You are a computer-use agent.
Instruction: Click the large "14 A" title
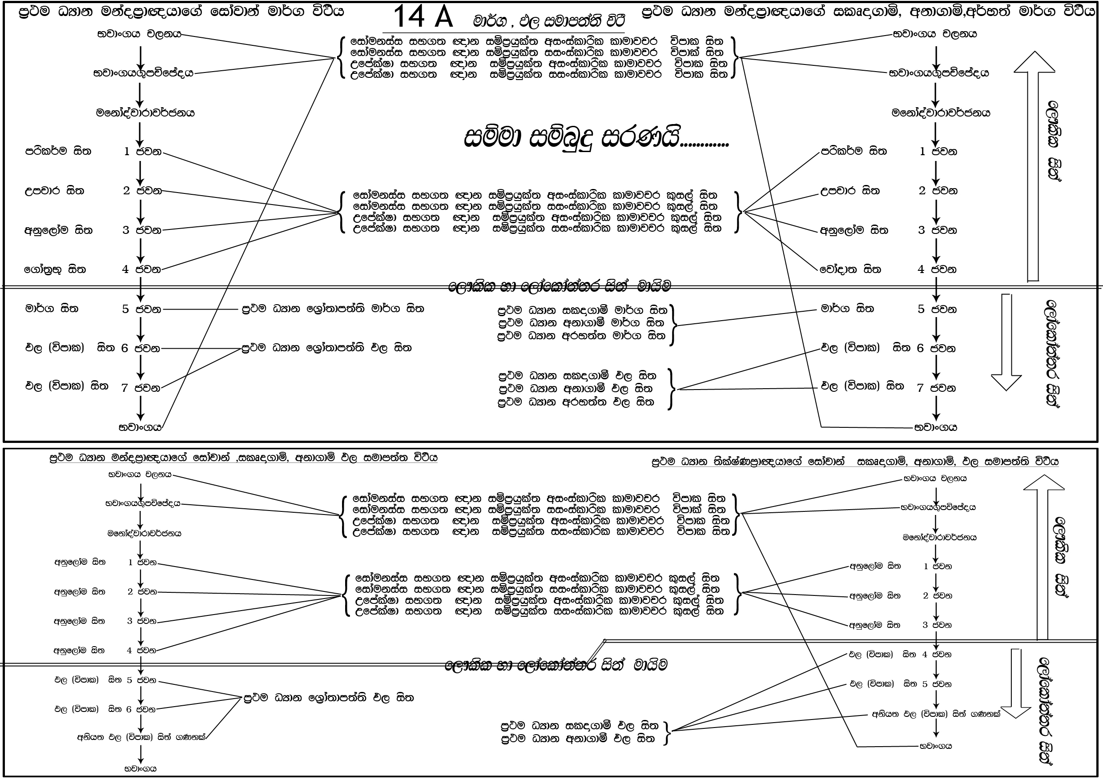(423, 17)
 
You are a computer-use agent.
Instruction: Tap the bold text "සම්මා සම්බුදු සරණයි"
(596, 138)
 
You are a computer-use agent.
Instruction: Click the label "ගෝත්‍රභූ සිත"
(55, 269)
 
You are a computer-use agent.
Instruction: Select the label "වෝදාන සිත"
(850, 269)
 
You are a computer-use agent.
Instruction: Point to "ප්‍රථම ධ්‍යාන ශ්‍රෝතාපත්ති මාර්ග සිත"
(332, 309)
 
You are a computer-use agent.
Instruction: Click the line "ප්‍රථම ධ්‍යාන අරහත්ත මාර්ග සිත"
(581, 336)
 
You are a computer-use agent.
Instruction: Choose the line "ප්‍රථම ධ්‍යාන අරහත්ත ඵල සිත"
(576, 402)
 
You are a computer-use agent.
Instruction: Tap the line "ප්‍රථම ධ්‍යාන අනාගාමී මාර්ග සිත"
(581, 322)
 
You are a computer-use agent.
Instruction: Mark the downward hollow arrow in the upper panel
(1006, 341)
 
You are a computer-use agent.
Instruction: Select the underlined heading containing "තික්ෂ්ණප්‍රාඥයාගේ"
(855, 462)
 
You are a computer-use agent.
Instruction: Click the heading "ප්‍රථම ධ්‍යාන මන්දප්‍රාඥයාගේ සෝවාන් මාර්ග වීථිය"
(181, 12)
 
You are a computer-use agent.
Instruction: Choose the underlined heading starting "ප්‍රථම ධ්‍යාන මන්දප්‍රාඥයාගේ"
(243, 457)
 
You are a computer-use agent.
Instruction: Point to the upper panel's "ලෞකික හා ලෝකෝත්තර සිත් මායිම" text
(559, 286)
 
